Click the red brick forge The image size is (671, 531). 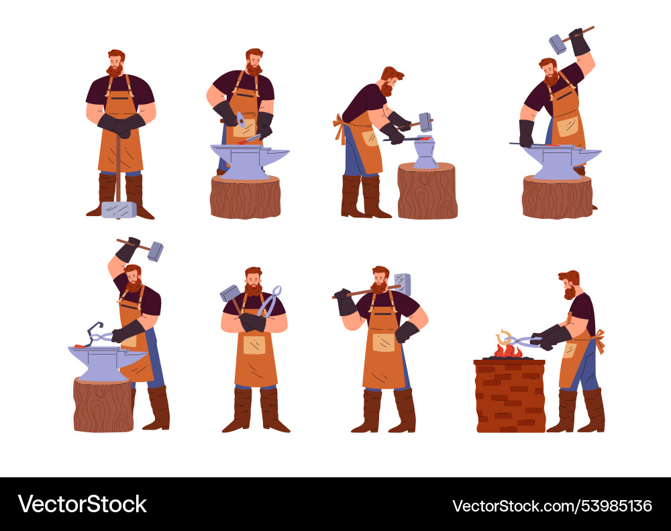510,395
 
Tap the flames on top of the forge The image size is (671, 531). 508,350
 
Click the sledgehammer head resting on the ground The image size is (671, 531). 119,210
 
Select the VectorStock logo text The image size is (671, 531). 82,504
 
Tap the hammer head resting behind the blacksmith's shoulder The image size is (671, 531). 402,285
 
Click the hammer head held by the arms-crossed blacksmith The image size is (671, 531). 229,293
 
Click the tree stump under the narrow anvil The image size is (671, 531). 427,191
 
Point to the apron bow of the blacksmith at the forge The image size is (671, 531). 600,340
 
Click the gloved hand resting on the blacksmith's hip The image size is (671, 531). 407,332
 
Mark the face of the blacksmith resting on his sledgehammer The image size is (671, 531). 115,63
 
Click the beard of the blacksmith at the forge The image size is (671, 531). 570,293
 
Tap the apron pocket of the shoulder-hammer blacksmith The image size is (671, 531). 383,342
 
